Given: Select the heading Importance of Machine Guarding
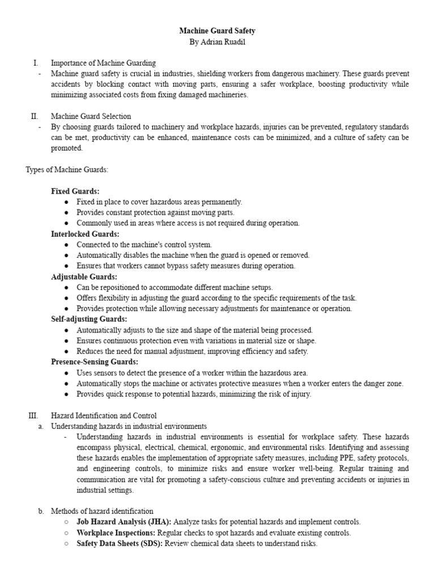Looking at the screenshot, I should (x=103, y=63).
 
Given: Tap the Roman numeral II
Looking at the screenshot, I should (x=35, y=116).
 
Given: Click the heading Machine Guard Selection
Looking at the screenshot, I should (x=91, y=116).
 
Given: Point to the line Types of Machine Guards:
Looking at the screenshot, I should (x=67, y=169).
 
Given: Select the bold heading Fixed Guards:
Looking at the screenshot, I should (x=75, y=191).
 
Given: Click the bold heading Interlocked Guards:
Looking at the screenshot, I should (x=85, y=234).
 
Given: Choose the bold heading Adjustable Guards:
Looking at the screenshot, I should (x=84, y=276).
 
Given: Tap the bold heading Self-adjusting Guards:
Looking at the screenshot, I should (x=88, y=319).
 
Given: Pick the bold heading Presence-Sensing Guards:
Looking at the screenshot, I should (x=95, y=361).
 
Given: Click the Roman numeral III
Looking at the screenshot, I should (x=33, y=415).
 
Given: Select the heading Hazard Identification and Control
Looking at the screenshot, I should (x=104, y=415).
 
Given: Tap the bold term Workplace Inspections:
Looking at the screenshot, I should (x=116, y=532).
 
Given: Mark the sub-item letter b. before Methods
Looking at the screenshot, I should (x=41, y=511).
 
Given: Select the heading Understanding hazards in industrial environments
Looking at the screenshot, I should (x=129, y=426).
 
